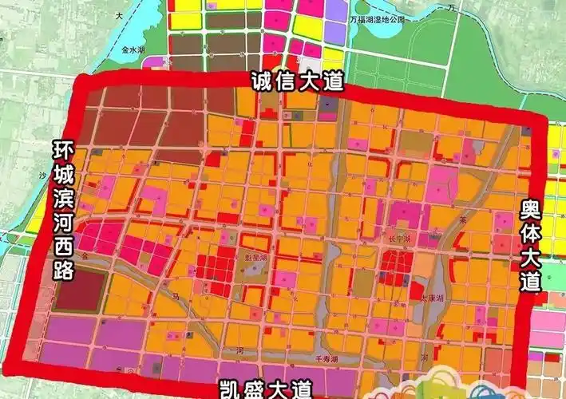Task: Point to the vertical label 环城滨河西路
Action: pyautogui.click(x=62, y=211)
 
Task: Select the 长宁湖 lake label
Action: pyautogui.click(x=400, y=238)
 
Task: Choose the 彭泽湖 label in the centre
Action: pyautogui.click(x=256, y=259)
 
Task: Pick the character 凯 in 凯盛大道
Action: pyautogui.click(x=231, y=389)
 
